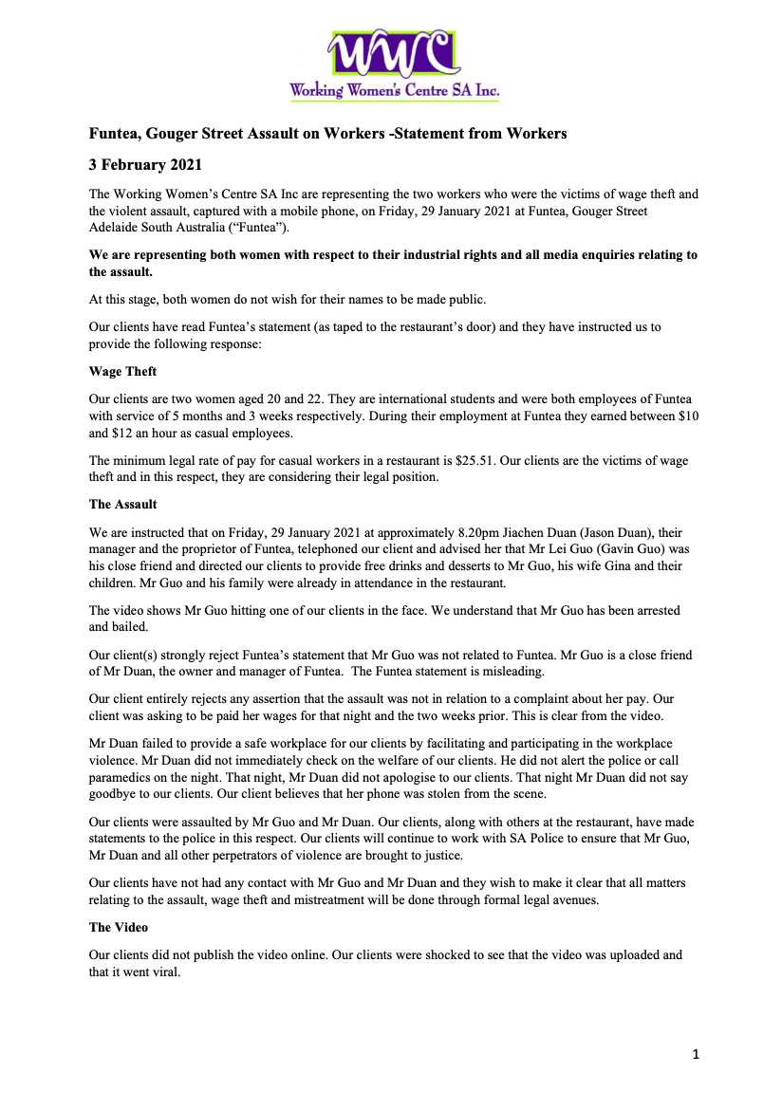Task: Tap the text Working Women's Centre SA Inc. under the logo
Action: point(394,91)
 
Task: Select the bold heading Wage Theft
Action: point(122,372)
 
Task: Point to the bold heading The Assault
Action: point(123,504)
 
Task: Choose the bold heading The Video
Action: point(119,927)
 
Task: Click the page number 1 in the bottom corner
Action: point(696,1054)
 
